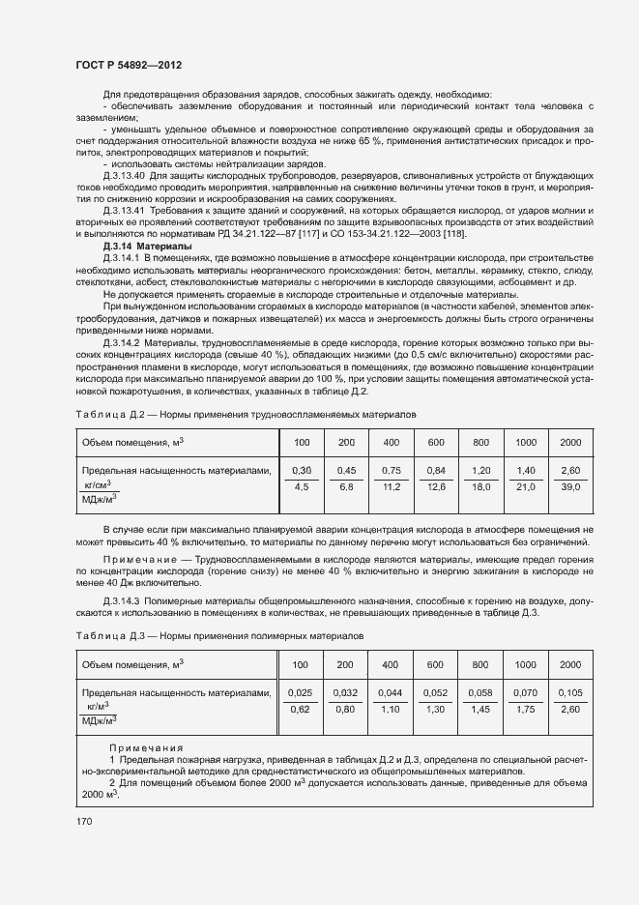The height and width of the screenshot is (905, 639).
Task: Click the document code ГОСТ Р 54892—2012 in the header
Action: click(x=128, y=65)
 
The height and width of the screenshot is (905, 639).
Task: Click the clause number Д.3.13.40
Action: click(x=123, y=175)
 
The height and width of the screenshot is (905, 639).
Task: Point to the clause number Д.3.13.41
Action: click(x=123, y=211)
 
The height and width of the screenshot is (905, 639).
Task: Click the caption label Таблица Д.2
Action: click(x=105, y=414)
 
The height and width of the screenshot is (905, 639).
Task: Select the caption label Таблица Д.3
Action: click(x=105, y=638)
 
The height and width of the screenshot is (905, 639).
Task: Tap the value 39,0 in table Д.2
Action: click(x=570, y=487)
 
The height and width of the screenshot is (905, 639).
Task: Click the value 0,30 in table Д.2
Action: click(x=302, y=470)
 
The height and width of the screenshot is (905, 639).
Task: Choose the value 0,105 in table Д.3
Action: click(x=570, y=693)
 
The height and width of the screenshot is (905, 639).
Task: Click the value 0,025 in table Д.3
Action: click(x=302, y=693)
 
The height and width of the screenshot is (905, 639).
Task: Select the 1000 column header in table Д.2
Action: click(x=525, y=442)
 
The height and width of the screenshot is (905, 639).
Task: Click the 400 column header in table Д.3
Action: click(x=391, y=665)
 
